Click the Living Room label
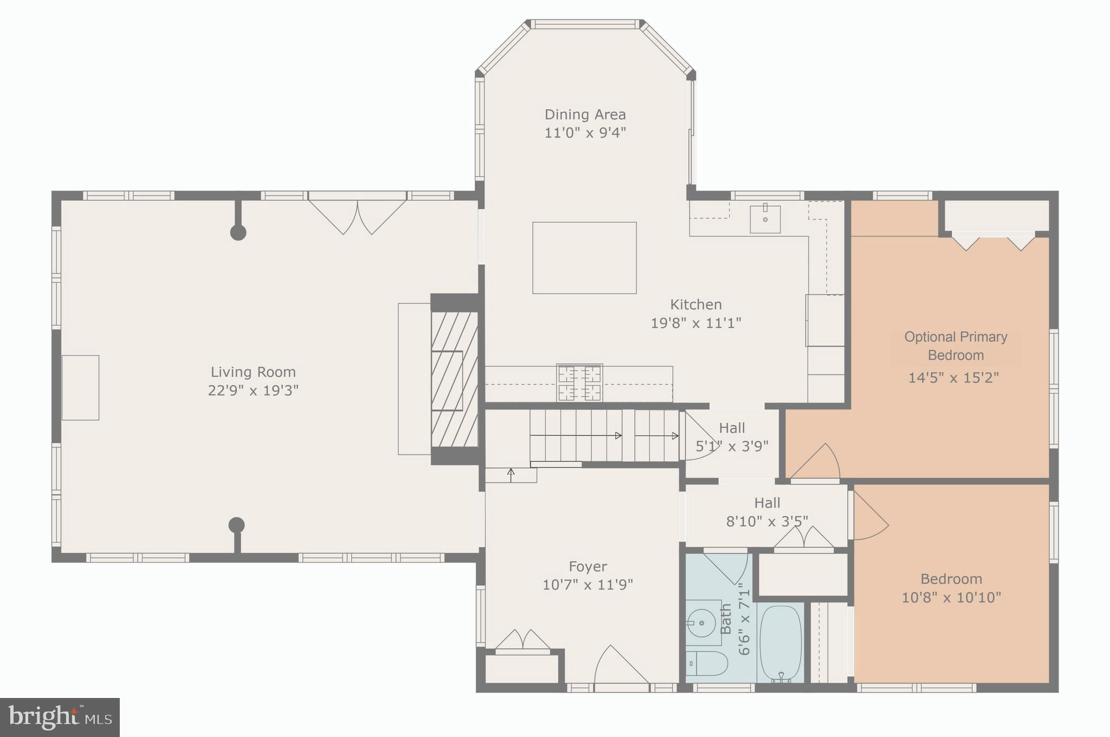(253, 372)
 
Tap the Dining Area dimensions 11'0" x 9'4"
(585, 133)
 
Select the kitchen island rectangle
(584, 258)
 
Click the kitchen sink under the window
(765, 219)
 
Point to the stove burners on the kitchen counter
(579, 383)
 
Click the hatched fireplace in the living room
(454, 379)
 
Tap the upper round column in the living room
(238, 232)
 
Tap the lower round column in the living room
(236, 525)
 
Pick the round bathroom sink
(702, 623)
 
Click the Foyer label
(588, 566)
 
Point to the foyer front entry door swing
(621, 667)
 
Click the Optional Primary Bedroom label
(956, 346)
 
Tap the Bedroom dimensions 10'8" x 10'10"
(951, 598)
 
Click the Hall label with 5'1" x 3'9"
(732, 428)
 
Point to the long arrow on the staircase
(576, 435)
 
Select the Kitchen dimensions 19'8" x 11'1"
(695, 323)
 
